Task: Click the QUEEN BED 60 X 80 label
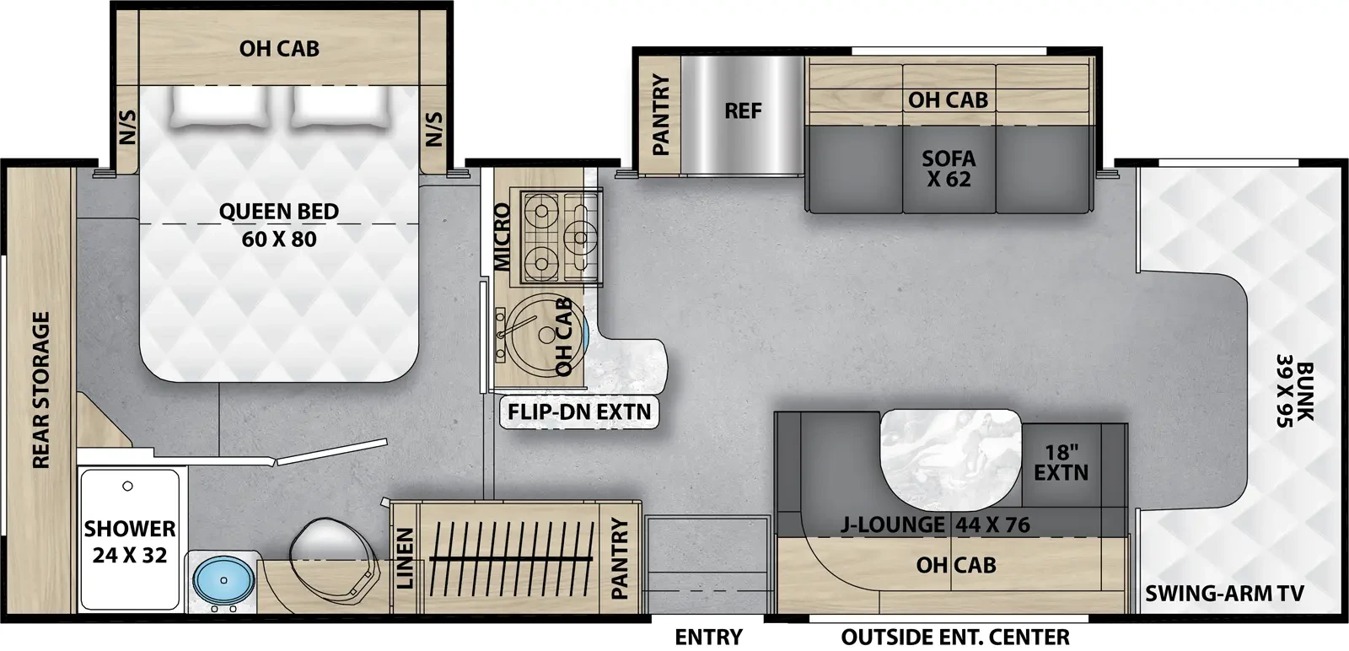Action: click(x=279, y=225)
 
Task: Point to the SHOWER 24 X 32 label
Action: click(x=130, y=541)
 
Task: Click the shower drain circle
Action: click(x=127, y=487)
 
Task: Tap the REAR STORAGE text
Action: click(x=41, y=390)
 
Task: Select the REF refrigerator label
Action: click(x=742, y=110)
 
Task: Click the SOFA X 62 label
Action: click(x=949, y=169)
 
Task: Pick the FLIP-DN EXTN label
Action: click(x=579, y=412)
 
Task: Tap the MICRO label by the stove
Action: click(x=503, y=237)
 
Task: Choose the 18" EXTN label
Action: click(x=1061, y=463)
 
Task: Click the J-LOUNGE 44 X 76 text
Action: click(x=935, y=525)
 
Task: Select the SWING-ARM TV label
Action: click(x=1224, y=594)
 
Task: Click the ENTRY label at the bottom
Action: click(x=708, y=637)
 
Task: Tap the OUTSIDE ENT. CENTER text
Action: click(x=954, y=637)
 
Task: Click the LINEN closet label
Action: click(x=406, y=557)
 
